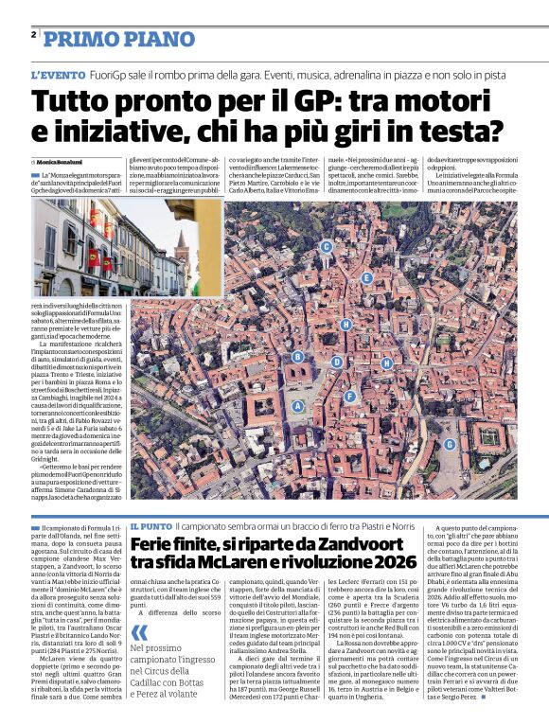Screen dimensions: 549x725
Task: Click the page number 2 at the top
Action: click(x=33, y=34)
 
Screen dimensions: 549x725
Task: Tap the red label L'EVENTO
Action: click(x=58, y=74)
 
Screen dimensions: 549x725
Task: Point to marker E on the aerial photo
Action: click(x=366, y=278)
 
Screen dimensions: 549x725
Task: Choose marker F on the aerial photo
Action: click(x=349, y=396)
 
